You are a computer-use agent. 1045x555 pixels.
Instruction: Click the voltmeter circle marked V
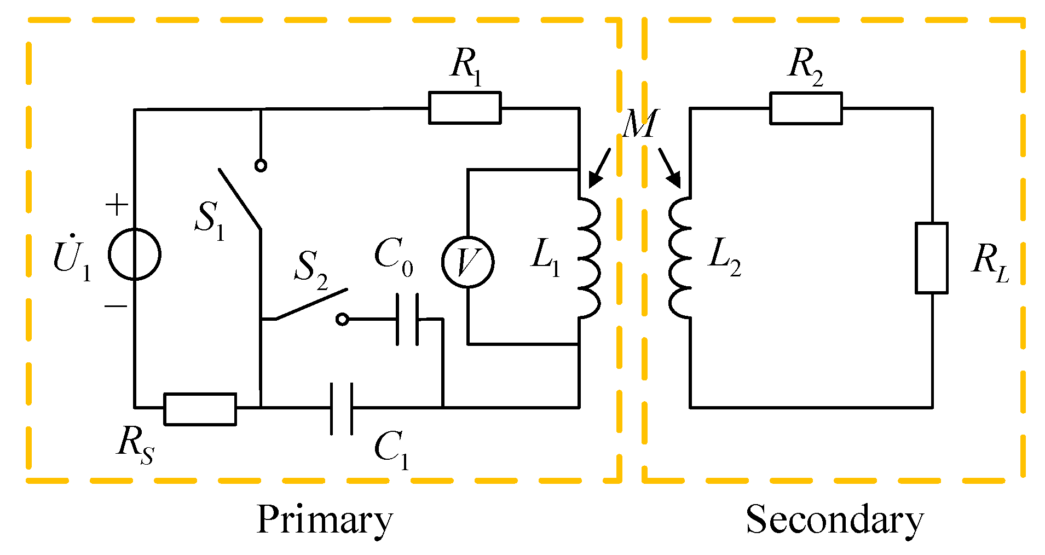(x=467, y=262)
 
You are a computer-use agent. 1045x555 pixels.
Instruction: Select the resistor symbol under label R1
(x=464, y=108)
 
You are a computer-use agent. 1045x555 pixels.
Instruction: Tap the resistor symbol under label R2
(x=805, y=108)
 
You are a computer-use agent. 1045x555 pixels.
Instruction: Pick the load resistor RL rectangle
(x=932, y=258)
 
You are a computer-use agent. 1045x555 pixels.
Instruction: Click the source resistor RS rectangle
(x=200, y=409)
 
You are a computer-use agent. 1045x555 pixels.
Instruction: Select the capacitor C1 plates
(x=342, y=408)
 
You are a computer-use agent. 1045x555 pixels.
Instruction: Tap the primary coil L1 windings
(x=588, y=258)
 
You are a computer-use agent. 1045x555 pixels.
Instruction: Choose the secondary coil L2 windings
(x=680, y=258)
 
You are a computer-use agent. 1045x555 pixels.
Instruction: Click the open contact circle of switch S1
(x=261, y=165)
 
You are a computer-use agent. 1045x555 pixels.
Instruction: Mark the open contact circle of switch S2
(x=342, y=319)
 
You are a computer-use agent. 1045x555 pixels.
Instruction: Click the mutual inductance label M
(x=640, y=124)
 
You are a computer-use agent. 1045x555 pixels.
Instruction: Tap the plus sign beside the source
(x=117, y=205)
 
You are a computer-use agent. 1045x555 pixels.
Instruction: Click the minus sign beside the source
(x=116, y=306)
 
